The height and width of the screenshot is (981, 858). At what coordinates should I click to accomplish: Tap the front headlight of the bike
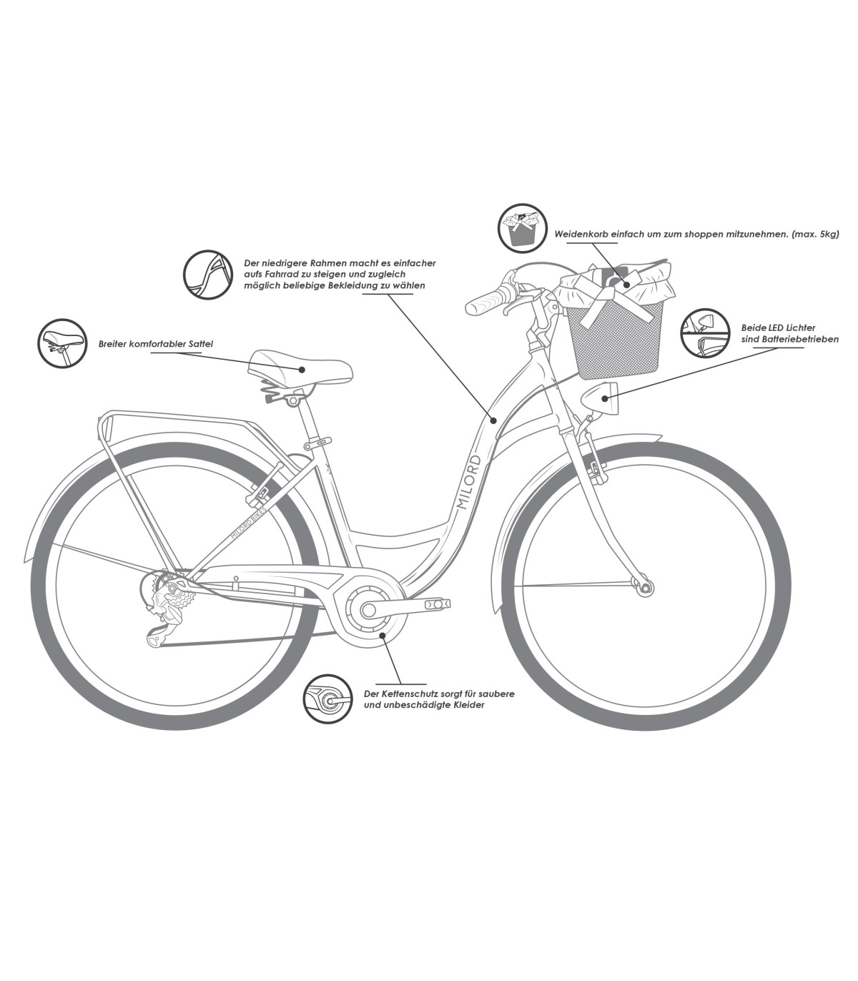click(x=598, y=398)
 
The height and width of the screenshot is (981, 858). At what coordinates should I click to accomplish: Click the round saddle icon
click(x=61, y=343)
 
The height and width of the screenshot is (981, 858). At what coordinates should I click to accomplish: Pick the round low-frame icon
click(x=209, y=274)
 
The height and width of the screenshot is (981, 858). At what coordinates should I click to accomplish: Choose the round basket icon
click(x=523, y=228)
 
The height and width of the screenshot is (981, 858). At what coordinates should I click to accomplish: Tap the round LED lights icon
click(x=704, y=333)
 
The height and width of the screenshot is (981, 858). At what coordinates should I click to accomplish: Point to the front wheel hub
click(x=646, y=588)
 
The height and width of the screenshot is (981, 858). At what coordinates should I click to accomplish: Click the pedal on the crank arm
click(x=438, y=604)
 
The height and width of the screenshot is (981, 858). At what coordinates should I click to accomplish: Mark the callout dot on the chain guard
click(x=383, y=634)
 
